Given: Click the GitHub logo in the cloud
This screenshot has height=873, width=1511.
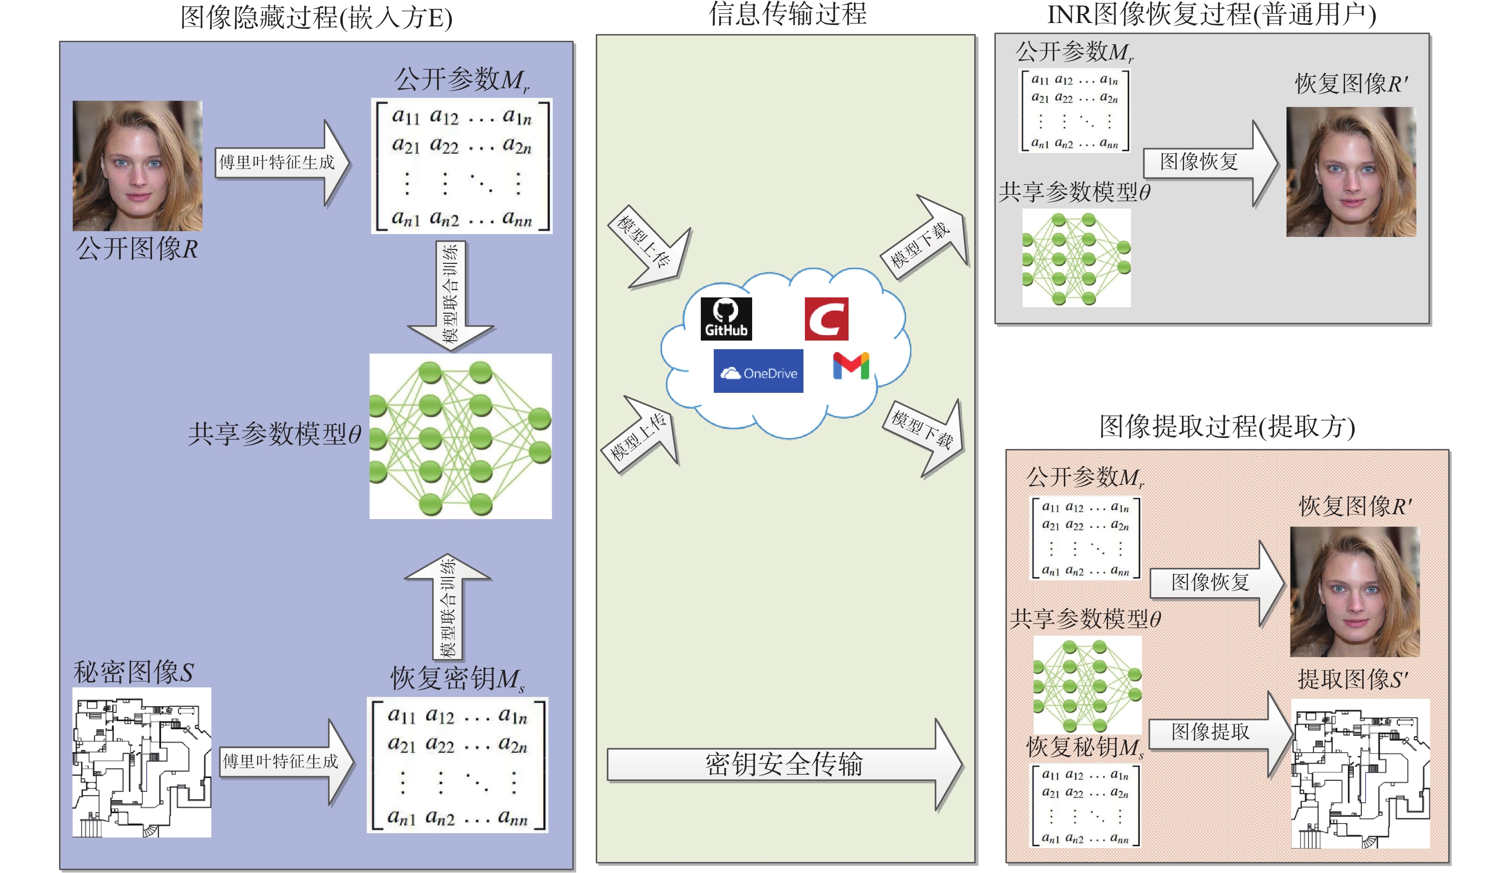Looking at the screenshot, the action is (726, 319).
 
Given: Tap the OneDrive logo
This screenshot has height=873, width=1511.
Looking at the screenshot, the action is (758, 371).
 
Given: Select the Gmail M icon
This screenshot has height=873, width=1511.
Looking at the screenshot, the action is (851, 366).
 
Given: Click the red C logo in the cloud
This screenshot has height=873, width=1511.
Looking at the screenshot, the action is (826, 319).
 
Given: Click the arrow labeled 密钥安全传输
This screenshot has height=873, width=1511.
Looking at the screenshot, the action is (784, 765).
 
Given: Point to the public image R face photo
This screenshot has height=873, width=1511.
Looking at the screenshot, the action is (137, 165).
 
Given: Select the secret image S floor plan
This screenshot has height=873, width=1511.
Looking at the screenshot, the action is (142, 762).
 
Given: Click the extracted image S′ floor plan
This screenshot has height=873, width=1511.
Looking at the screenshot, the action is (1360, 773).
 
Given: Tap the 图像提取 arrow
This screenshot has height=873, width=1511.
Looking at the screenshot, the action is (1220, 734).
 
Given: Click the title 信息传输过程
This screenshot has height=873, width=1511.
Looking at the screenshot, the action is (787, 14).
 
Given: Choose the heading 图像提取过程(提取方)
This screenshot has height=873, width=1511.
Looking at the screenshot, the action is (1227, 427).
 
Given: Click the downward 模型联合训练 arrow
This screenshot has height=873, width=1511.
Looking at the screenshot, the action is (451, 295).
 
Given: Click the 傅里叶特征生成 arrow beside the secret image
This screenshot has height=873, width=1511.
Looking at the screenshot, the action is (287, 762).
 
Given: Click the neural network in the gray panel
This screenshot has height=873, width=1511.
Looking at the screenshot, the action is (1076, 258).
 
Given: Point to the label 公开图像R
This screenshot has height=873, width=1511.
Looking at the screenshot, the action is (137, 248).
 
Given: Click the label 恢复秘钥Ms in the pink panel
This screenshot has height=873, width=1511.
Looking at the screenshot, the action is (1085, 747).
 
